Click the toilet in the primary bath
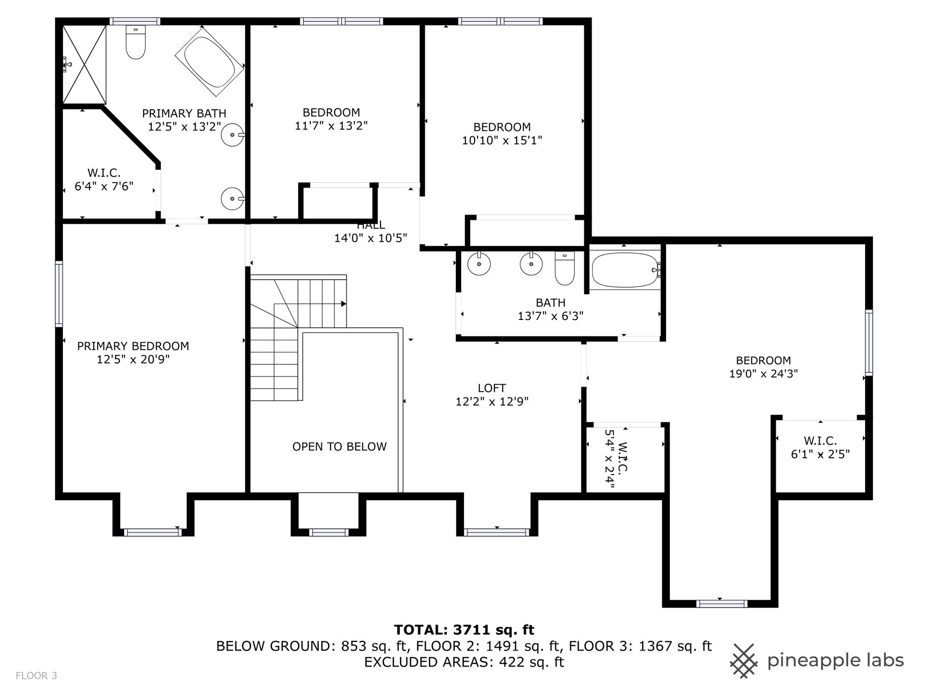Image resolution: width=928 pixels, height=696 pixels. pos(135,42)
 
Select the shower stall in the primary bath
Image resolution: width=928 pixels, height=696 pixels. pos(85,64)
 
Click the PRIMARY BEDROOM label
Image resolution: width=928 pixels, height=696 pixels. pos(133,346)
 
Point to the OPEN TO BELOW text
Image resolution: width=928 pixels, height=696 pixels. pos(339,447)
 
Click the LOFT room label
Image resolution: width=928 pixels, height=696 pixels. pos(492,388)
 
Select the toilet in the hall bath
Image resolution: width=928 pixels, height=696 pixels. pos(565,268)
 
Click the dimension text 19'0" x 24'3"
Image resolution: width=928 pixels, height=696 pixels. pos(764,374)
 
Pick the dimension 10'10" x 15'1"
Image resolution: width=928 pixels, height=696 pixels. pos(502,141)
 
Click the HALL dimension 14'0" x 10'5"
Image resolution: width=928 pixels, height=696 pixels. pos(371,238)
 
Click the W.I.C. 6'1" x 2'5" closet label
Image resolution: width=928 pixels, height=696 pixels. pos(820,448)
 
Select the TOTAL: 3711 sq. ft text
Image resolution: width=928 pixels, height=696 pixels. pos(464,630)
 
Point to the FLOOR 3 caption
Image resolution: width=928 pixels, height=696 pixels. pos(36,676)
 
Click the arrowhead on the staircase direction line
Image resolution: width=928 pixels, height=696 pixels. pos(344,304)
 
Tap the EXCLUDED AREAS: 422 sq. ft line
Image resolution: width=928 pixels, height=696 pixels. pos(464,662)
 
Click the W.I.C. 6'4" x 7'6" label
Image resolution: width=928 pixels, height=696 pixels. pos(104,180)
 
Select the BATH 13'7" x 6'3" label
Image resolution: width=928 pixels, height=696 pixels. pos(551,309)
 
